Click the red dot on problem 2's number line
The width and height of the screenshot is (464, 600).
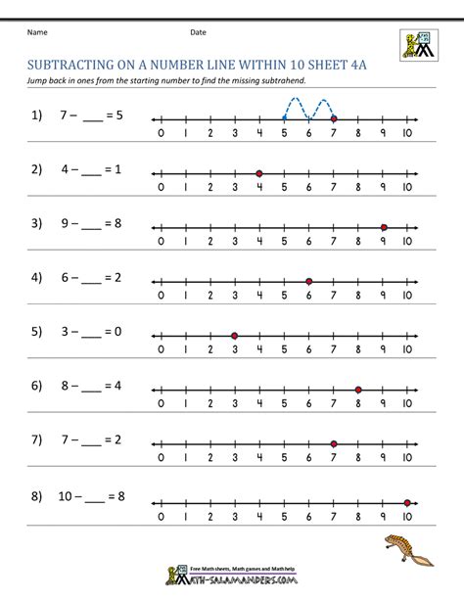(258, 173)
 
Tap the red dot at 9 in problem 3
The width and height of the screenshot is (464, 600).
(383, 227)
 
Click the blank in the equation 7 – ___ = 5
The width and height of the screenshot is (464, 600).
(93, 115)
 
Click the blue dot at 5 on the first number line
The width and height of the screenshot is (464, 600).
(284, 118)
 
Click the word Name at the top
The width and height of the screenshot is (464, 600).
(37, 32)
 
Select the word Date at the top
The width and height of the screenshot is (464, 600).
(199, 32)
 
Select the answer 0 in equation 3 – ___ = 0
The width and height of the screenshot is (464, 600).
(118, 331)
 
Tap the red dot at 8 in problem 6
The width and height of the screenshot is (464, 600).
(358, 390)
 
